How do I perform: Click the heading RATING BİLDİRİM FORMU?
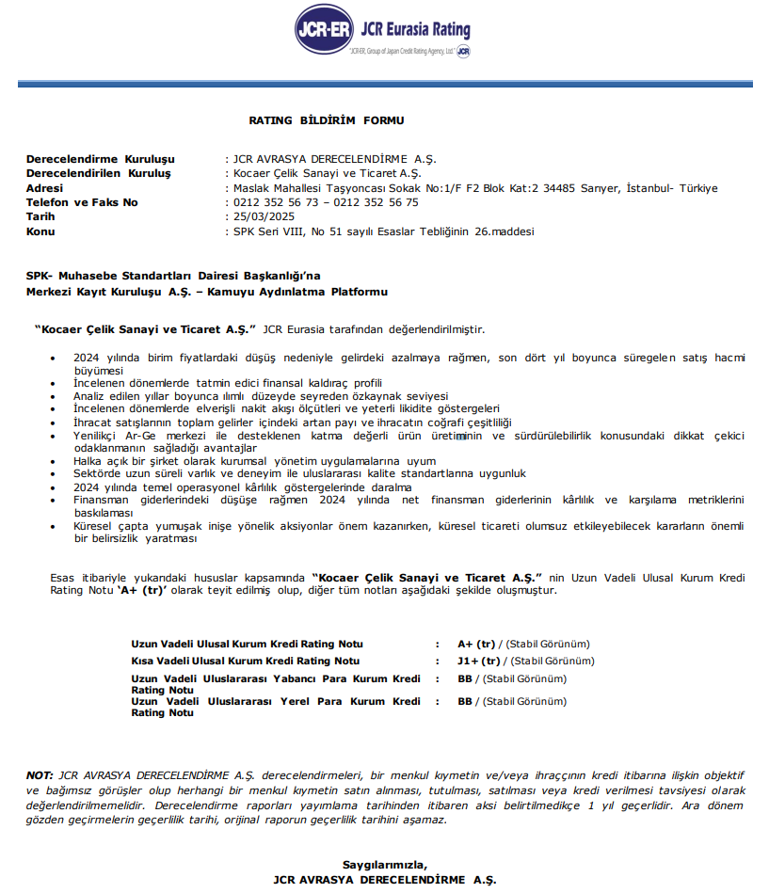coord(326,120)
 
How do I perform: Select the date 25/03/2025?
coord(260,216)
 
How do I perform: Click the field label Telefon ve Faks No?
coord(82,202)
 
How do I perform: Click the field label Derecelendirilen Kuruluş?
coord(98,174)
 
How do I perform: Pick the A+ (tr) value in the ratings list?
coord(476,645)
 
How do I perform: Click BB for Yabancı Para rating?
coord(465,678)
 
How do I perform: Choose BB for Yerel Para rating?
coord(465,701)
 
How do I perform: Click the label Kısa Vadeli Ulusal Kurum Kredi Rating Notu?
coord(245,662)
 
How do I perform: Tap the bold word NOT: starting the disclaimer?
coord(40,774)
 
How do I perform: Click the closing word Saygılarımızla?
coord(384,865)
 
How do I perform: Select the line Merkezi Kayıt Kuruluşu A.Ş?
coord(104,293)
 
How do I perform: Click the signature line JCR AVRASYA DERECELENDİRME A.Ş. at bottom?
coord(384,880)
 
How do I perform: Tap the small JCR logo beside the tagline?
coord(463,51)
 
